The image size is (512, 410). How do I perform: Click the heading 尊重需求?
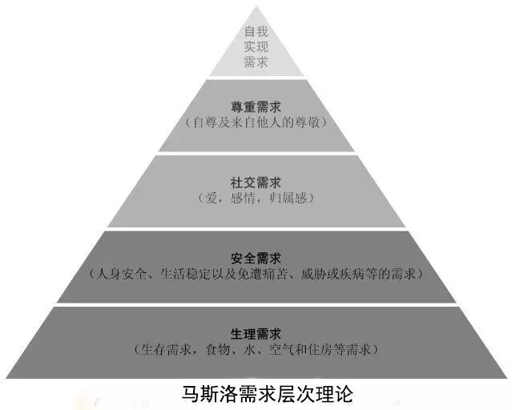[x=256, y=107]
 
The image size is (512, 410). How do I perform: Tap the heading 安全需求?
[x=256, y=258]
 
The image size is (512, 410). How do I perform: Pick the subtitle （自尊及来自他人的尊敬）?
[x=256, y=123]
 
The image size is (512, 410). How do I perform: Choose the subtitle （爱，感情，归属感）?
[x=256, y=196]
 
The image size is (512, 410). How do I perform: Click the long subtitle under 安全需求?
[x=256, y=274]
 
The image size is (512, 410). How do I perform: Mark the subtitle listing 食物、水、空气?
[x=256, y=350]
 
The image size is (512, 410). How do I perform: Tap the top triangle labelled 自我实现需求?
[x=256, y=48]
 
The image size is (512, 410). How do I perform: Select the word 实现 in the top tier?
[x=256, y=48]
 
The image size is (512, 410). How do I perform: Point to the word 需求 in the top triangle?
[x=256, y=62]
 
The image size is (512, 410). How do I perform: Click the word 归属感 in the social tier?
[x=290, y=196]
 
